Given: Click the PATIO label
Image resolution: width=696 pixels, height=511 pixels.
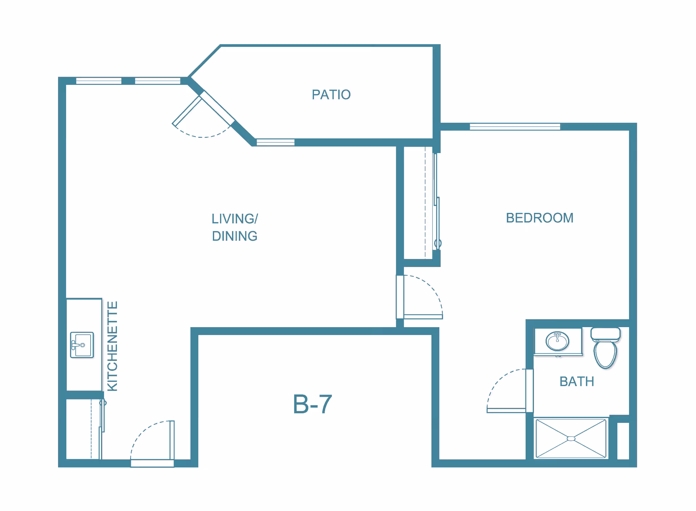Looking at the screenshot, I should click(331, 95).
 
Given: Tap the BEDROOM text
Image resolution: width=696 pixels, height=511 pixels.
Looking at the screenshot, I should click(539, 218).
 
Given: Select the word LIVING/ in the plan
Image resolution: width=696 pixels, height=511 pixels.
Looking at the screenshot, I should click(235, 219).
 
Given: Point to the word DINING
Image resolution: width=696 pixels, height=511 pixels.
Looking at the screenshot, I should click(235, 236).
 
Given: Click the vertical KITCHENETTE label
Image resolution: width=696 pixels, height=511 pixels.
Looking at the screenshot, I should click(113, 346).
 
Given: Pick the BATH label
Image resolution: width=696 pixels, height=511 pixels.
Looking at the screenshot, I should click(576, 382).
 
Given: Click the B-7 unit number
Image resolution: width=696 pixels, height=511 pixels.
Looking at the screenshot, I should click(312, 404).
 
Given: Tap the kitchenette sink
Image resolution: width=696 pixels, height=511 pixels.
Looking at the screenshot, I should click(82, 345).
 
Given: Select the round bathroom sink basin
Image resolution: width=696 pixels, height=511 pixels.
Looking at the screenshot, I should click(557, 341).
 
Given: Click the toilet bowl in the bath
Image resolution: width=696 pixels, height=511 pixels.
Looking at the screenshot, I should click(605, 354).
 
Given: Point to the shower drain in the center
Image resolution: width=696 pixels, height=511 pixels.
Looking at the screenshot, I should click(571, 438).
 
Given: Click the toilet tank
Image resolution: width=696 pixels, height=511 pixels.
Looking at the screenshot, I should click(605, 334).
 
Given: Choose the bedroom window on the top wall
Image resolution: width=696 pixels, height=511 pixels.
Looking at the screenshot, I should click(515, 127).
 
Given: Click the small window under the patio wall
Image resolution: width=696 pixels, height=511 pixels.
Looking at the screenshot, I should click(275, 143).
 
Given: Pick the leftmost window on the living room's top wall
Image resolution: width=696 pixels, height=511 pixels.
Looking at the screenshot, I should click(99, 81).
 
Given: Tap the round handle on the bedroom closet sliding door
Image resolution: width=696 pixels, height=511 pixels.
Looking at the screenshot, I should click(438, 243).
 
